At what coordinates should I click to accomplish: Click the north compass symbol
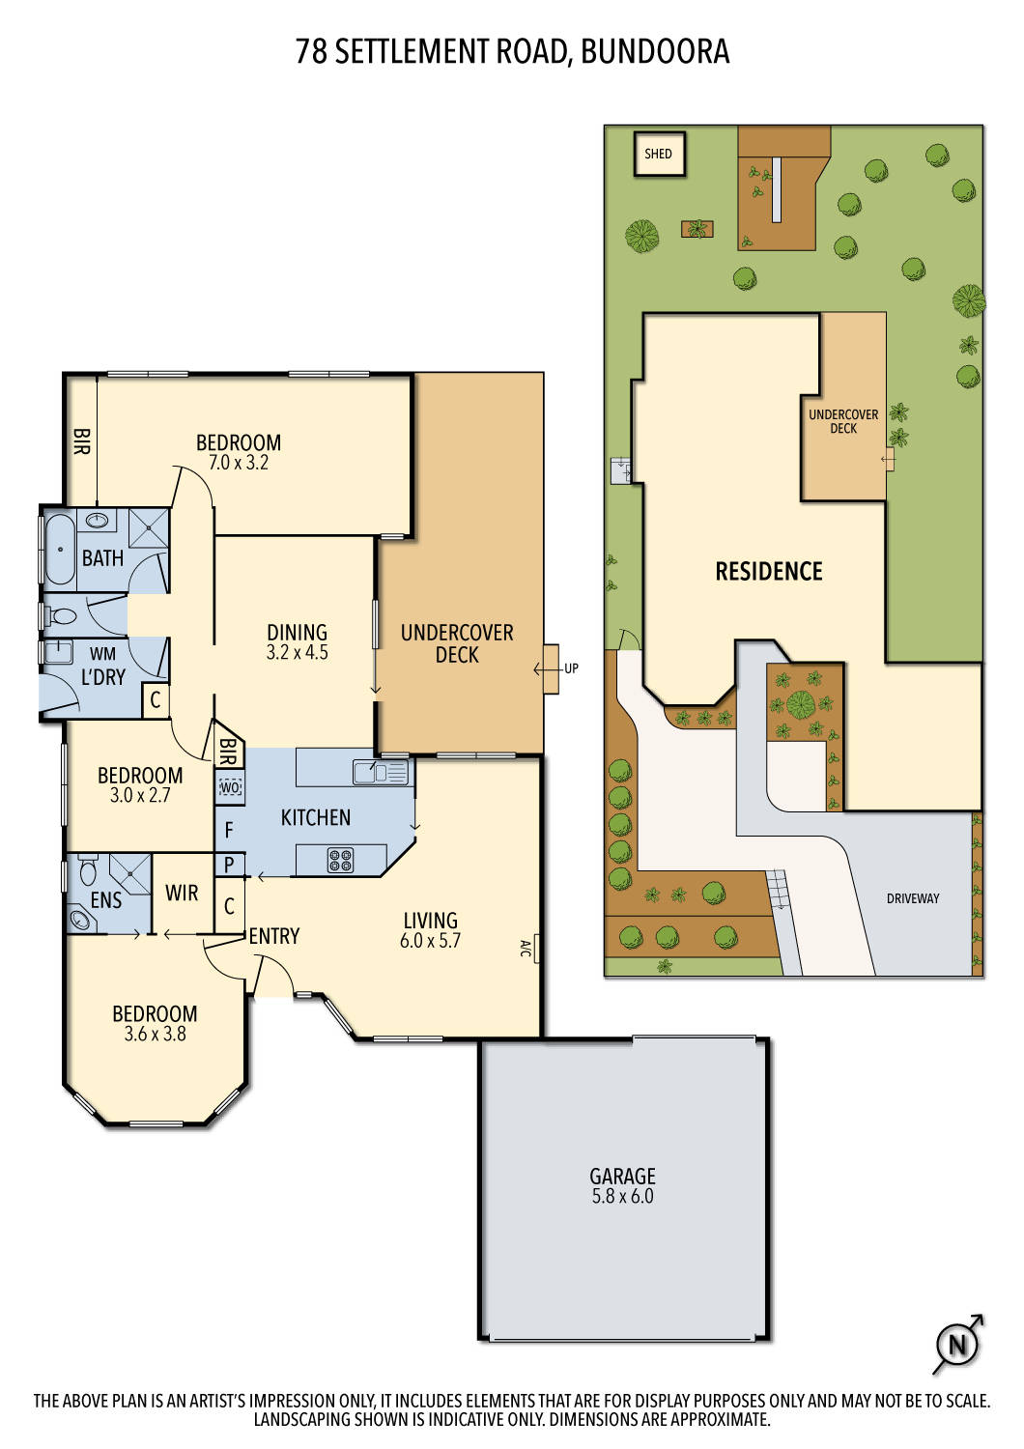pyautogui.click(x=957, y=1344)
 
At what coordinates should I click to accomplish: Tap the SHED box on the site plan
pyautogui.click(x=659, y=154)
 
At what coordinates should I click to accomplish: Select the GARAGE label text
pyautogui.click(x=622, y=1176)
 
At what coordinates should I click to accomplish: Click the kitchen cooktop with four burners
pyautogui.click(x=340, y=859)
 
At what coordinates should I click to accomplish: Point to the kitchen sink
pyautogui.click(x=381, y=772)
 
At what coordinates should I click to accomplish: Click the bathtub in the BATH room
pyautogui.click(x=60, y=550)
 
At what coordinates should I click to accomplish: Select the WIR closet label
pyautogui.click(x=182, y=893)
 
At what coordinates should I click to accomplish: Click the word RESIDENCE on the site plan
pyautogui.click(x=769, y=571)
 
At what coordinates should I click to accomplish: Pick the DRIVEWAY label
pyautogui.click(x=913, y=898)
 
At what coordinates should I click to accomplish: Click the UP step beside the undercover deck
pyautogui.click(x=552, y=668)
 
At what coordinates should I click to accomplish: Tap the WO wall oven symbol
pyautogui.click(x=230, y=787)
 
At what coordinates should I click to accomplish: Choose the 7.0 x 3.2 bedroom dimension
pyautogui.click(x=239, y=463)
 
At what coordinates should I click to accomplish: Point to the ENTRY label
pyautogui.click(x=274, y=936)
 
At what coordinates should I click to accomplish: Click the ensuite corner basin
pyautogui.click(x=79, y=919)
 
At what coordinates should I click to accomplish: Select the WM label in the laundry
pyautogui.click(x=102, y=654)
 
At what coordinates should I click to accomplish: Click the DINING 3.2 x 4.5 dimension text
pyautogui.click(x=298, y=653)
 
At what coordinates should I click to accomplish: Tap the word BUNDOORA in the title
pyautogui.click(x=655, y=51)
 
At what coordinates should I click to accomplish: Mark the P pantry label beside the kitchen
pyautogui.click(x=229, y=865)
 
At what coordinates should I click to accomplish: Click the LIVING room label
pyautogui.click(x=431, y=920)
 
